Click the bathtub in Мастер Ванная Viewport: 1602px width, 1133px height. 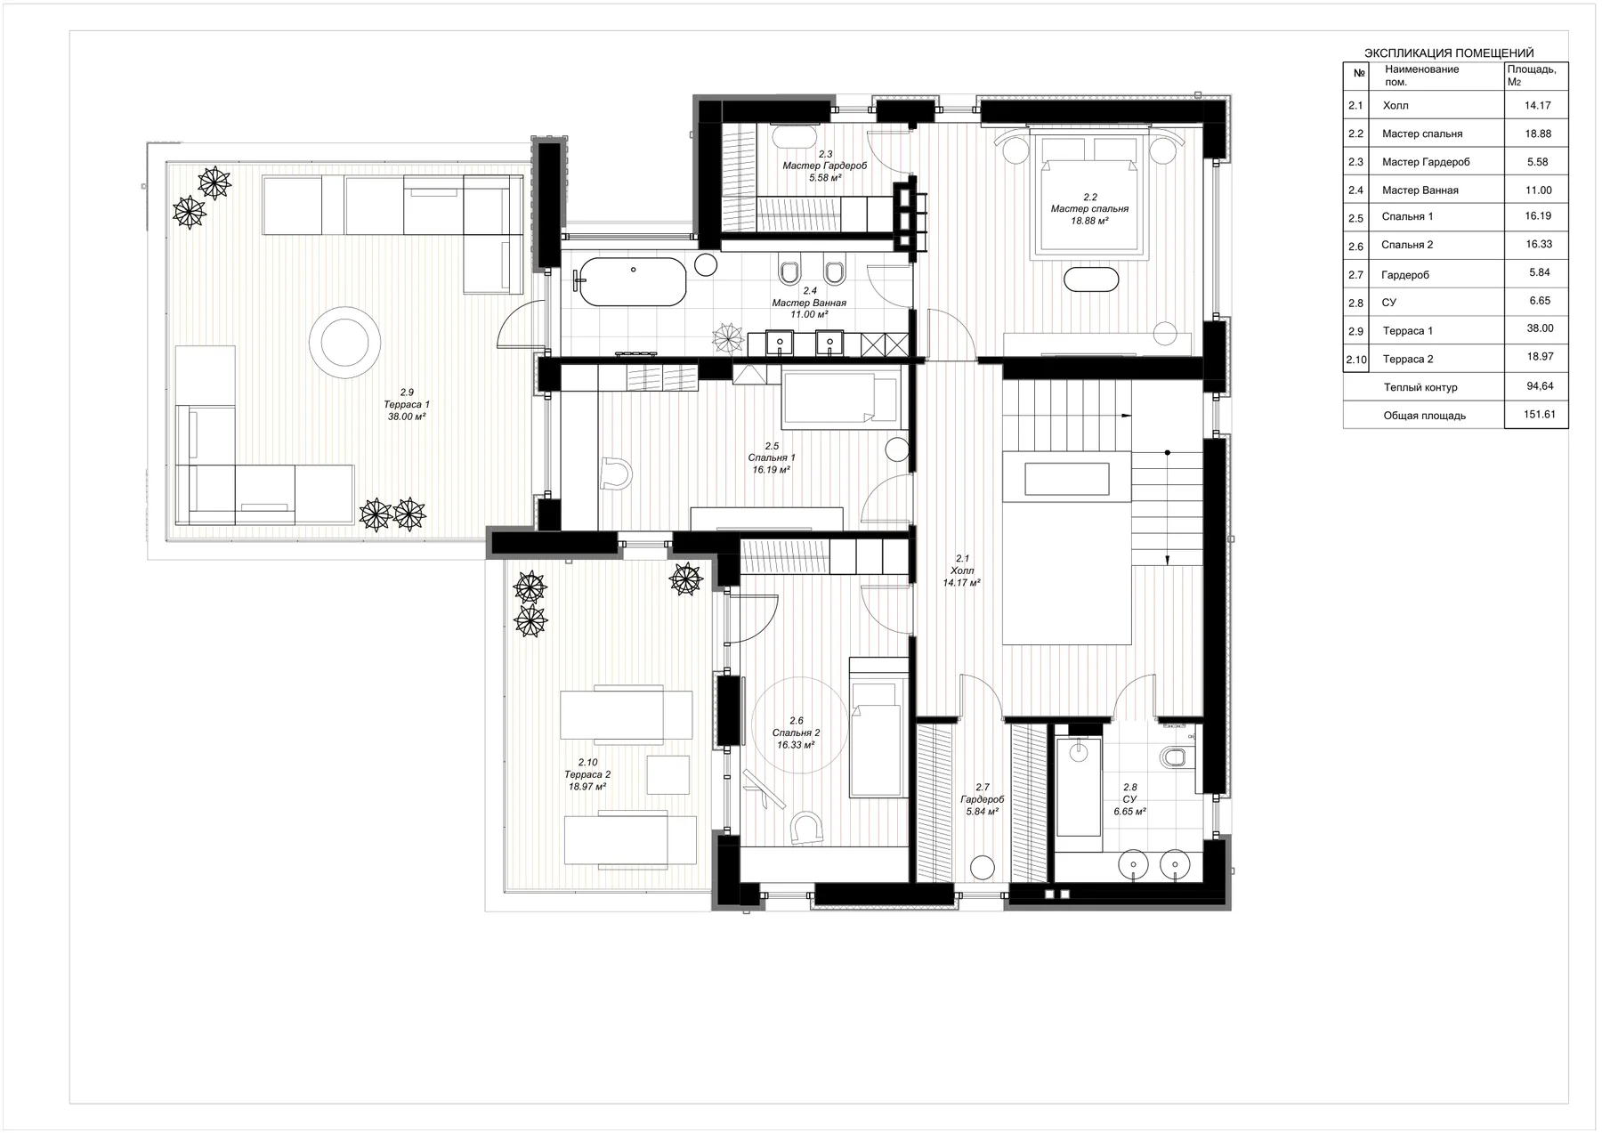point(633,281)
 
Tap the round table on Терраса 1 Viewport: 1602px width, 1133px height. point(341,338)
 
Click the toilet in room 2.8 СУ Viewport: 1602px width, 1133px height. point(1175,757)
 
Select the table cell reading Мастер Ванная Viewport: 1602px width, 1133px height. point(1420,190)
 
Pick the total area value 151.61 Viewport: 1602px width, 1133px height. point(1539,415)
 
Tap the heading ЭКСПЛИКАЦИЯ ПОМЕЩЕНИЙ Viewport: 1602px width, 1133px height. point(1449,53)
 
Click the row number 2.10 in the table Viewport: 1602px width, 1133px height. point(1356,360)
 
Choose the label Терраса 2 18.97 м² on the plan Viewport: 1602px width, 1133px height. point(587,774)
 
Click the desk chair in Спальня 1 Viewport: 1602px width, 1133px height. point(616,473)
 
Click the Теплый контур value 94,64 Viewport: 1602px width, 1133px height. point(1539,386)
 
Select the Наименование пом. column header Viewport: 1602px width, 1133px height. point(1421,75)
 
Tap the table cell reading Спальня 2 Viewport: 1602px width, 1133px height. point(1407,245)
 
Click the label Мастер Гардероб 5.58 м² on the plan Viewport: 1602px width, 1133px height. point(825,166)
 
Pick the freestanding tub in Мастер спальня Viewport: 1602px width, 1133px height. point(1090,279)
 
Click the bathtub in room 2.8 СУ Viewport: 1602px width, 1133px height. point(1078,787)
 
